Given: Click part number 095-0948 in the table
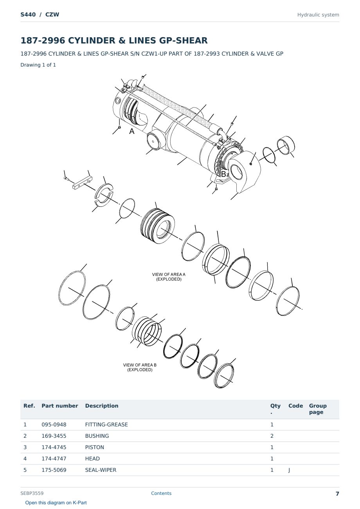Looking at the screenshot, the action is [54, 424].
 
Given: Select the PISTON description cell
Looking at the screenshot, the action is [94, 447].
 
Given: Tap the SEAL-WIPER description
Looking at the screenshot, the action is [101, 470].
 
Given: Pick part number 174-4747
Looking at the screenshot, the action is [54, 458].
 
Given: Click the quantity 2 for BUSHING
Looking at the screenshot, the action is [272, 436].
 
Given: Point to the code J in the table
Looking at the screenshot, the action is [289, 470].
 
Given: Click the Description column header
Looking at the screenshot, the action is [102, 406].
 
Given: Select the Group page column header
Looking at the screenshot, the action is [318, 409].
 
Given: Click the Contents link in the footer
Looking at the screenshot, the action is [161, 493].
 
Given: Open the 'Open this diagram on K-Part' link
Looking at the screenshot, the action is [56, 503].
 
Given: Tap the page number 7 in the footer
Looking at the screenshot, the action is [337, 494].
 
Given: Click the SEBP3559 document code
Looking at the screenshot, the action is [32, 493].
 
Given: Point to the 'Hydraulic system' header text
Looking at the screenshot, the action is [318, 15].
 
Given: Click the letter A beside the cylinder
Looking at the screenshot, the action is [132, 131].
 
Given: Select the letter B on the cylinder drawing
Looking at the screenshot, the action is [223, 174].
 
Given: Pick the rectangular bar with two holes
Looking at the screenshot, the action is [82, 183].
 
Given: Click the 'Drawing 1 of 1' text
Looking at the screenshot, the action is [38, 65].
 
